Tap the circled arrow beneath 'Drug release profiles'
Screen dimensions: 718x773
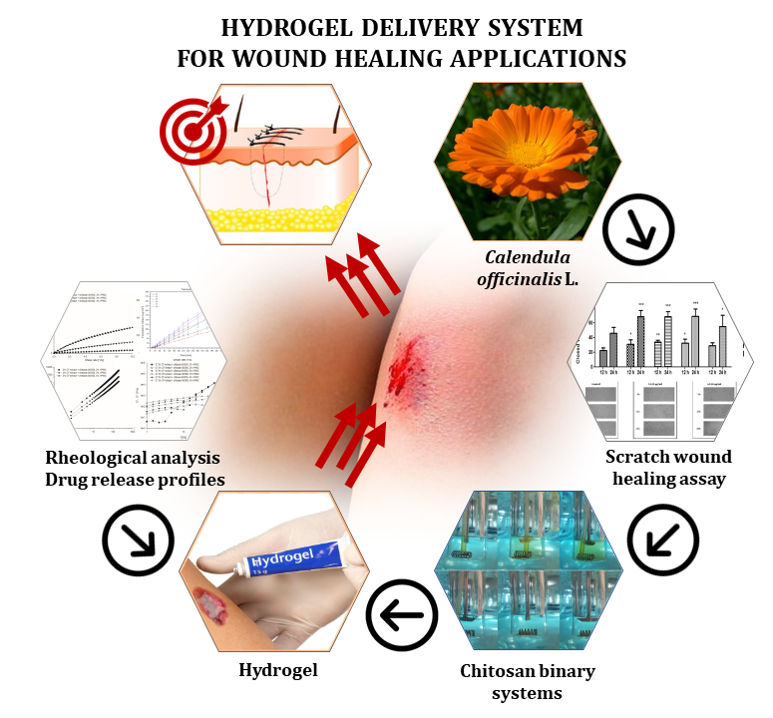pyautogui.click(x=134, y=541)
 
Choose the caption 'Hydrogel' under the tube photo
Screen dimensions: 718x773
pyautogui.click(x=278, y=670)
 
